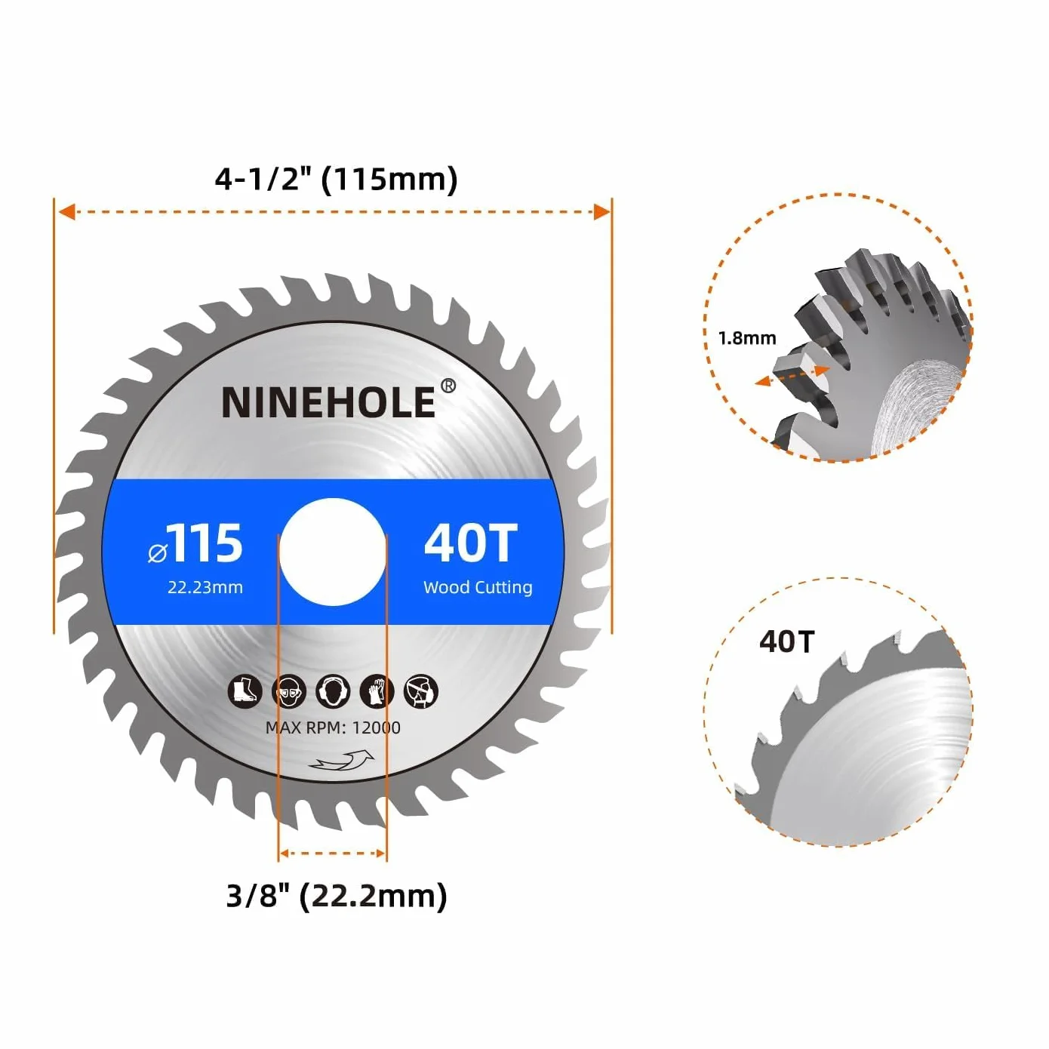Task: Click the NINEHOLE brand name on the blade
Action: click(328, 402)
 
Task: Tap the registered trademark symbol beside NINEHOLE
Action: click(448, 386)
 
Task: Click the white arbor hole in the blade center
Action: click(333, 552)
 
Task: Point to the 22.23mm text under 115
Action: click(205, 587)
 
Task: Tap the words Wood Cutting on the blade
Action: click(478, 587)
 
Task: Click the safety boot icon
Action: click(245, 691)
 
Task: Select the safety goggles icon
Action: click(288, 691)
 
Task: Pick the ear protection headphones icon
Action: click(333, 691)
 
